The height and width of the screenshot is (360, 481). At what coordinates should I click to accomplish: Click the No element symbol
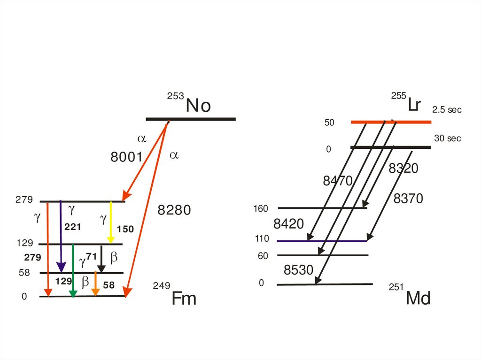pos(198,106)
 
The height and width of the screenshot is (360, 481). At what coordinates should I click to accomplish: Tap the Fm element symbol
pos(184,298)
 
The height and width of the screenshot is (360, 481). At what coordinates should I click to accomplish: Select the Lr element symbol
pos(414,105)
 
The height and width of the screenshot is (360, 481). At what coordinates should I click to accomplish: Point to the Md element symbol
pos(418,298)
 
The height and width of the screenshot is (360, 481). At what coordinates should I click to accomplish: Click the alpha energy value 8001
pos(126,157)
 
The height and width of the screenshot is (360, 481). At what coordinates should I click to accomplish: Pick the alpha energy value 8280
pos(174,210)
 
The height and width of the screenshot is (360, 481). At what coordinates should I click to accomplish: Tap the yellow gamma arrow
pos(111,222)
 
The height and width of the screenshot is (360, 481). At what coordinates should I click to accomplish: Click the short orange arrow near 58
pos(95,284)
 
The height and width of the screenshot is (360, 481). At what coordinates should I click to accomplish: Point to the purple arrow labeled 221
pos(61,237)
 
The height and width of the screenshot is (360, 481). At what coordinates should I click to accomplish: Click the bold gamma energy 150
pos(125,229)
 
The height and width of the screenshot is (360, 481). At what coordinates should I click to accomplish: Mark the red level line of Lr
pos(391,122)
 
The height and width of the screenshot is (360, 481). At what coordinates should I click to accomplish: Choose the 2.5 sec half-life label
pos(447,110)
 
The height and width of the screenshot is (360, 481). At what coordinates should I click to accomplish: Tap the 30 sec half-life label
pos(448,138)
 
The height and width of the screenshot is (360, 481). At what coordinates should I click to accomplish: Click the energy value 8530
pos(298,270)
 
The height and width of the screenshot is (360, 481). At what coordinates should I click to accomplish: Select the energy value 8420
pos(288,224)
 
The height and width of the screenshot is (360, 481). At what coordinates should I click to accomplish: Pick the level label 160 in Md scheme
pos(261,209)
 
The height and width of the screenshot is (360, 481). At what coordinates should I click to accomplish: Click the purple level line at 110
pos(322,241)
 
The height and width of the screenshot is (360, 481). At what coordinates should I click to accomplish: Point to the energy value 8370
pos(408,199)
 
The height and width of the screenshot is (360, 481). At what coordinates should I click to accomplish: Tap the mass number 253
pos(176,96)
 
